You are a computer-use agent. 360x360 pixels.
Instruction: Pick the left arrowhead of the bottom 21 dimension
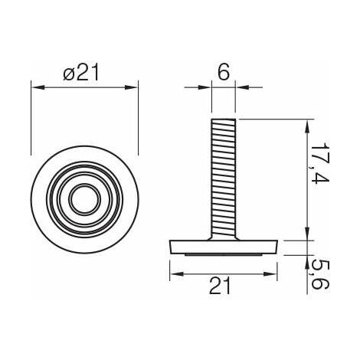[173, 273]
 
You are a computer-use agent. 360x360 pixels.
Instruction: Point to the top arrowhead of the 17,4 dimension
[307, 123]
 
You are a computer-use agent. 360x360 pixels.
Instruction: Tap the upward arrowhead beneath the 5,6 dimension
[307, 257]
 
